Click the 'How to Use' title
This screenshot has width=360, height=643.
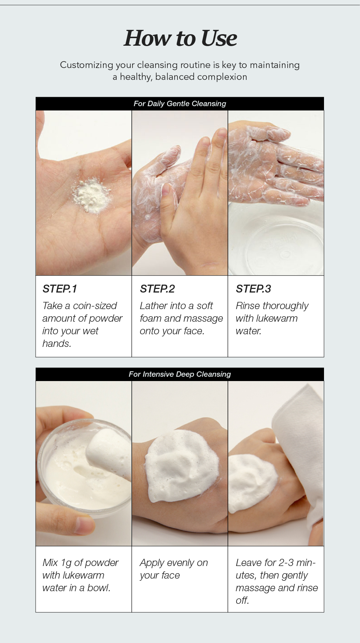point(180,38)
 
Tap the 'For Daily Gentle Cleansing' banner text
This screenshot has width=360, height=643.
point(180,104)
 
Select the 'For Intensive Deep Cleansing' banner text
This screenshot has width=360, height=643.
point(180,374)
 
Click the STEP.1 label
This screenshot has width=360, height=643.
point(60,289)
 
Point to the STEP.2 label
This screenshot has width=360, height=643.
point(157,289)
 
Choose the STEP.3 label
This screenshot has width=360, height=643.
point(253,289)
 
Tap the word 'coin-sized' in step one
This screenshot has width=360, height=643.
point(95,305)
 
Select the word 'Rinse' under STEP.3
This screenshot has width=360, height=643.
point(248,305)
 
